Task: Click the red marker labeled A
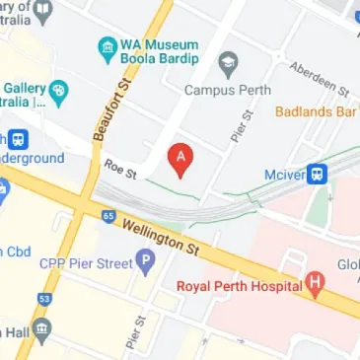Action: coord(180,159)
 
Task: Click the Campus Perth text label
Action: coord(228,90)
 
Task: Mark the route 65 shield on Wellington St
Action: coord(108,214)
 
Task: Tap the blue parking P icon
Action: coord(146,262)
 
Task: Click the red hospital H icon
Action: coord(315,286)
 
